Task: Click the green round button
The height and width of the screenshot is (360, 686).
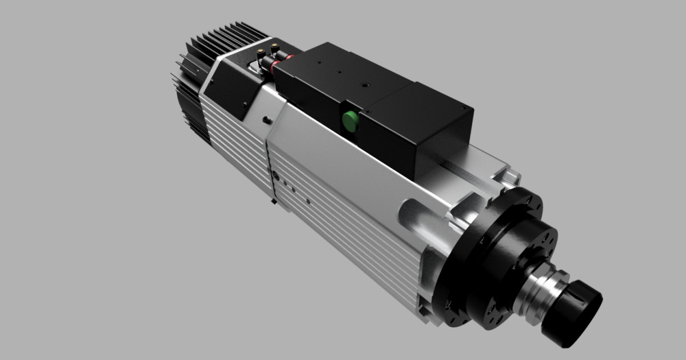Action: pyautogui.click(x=349, y=120)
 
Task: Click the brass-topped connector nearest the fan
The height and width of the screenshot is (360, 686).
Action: pyautogui.click(x=260, y=53)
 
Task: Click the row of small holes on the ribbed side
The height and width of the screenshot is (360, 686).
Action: pyautogui.click(x=286, y=186)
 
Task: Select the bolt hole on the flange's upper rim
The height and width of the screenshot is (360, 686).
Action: pyautogui.click(x=529, y=200)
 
